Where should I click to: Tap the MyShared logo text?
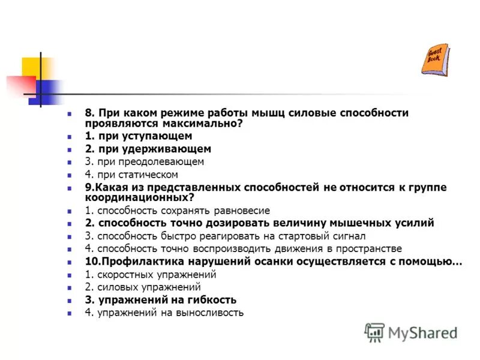(x=422, y=332)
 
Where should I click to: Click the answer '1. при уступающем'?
(x=139, y=136)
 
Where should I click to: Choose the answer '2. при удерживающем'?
(x=148, y=149)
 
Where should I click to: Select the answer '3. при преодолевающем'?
(x=144, y=161)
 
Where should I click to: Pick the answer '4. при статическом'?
(x=131, y=175)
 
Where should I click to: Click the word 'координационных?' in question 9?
(x=140, y=197)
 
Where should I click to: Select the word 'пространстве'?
(x=368, y=248)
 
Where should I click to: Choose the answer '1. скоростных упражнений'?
(x=150, y=274)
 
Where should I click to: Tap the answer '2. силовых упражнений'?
(x=142, y=287)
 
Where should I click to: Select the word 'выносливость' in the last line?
(x=207, y=312)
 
